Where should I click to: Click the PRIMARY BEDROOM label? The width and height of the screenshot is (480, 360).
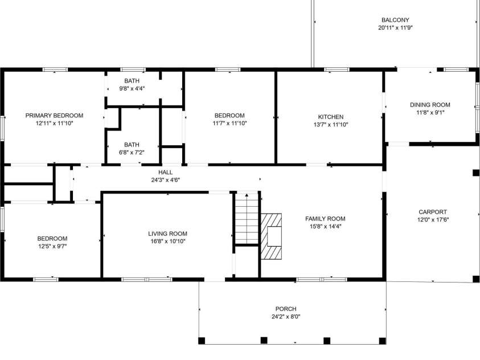coord(54,115)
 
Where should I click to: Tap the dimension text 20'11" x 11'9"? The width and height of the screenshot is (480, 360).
coord(395,27)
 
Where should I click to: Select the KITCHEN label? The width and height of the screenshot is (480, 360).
coord(330,116)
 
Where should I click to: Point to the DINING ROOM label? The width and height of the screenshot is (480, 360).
coord(430,105)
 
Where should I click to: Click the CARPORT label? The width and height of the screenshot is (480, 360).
coord(433,212)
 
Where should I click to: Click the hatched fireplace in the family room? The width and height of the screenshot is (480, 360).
coord(272,236)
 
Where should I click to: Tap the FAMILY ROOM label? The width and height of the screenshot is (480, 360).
coord(325,219)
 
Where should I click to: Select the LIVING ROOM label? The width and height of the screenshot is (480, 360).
coord(167,234)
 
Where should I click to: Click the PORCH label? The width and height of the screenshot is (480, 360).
coord(286,309)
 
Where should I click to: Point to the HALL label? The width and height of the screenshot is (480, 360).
coord(166,172)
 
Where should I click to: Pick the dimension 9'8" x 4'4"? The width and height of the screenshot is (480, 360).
coord(132,88)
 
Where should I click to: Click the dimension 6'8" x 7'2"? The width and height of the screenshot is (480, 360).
coord(132,153)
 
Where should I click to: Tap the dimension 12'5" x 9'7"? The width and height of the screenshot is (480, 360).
coord(52,246)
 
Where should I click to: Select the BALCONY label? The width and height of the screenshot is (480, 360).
coord(395,19)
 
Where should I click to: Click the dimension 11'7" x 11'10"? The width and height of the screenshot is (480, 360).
coord(229,123)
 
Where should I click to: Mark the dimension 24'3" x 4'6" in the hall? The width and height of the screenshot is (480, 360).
coord(166,179)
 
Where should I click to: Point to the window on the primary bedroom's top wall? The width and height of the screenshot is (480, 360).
coord(55,69)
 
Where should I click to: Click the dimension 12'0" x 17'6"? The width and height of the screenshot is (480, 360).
coord(433,220)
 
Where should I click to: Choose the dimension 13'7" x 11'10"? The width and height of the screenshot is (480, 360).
coord(330,124)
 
